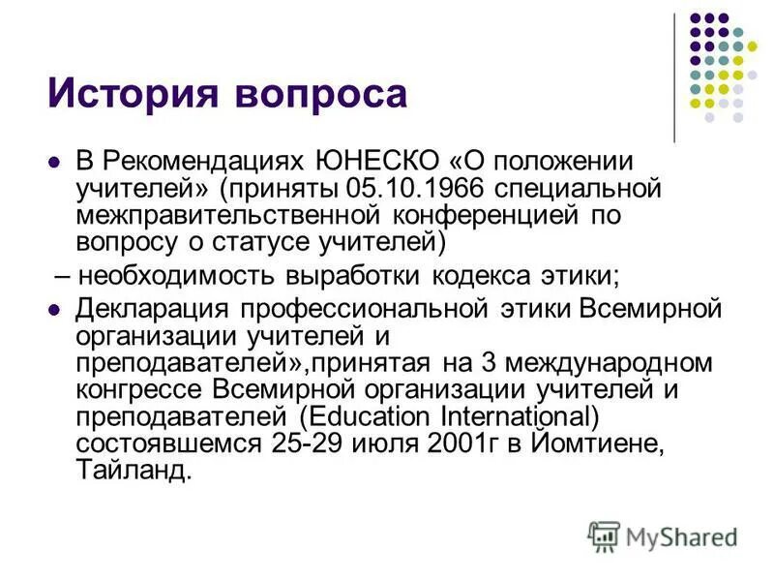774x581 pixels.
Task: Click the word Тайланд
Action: tap(134, 471)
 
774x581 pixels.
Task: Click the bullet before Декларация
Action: tap(54, 312)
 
